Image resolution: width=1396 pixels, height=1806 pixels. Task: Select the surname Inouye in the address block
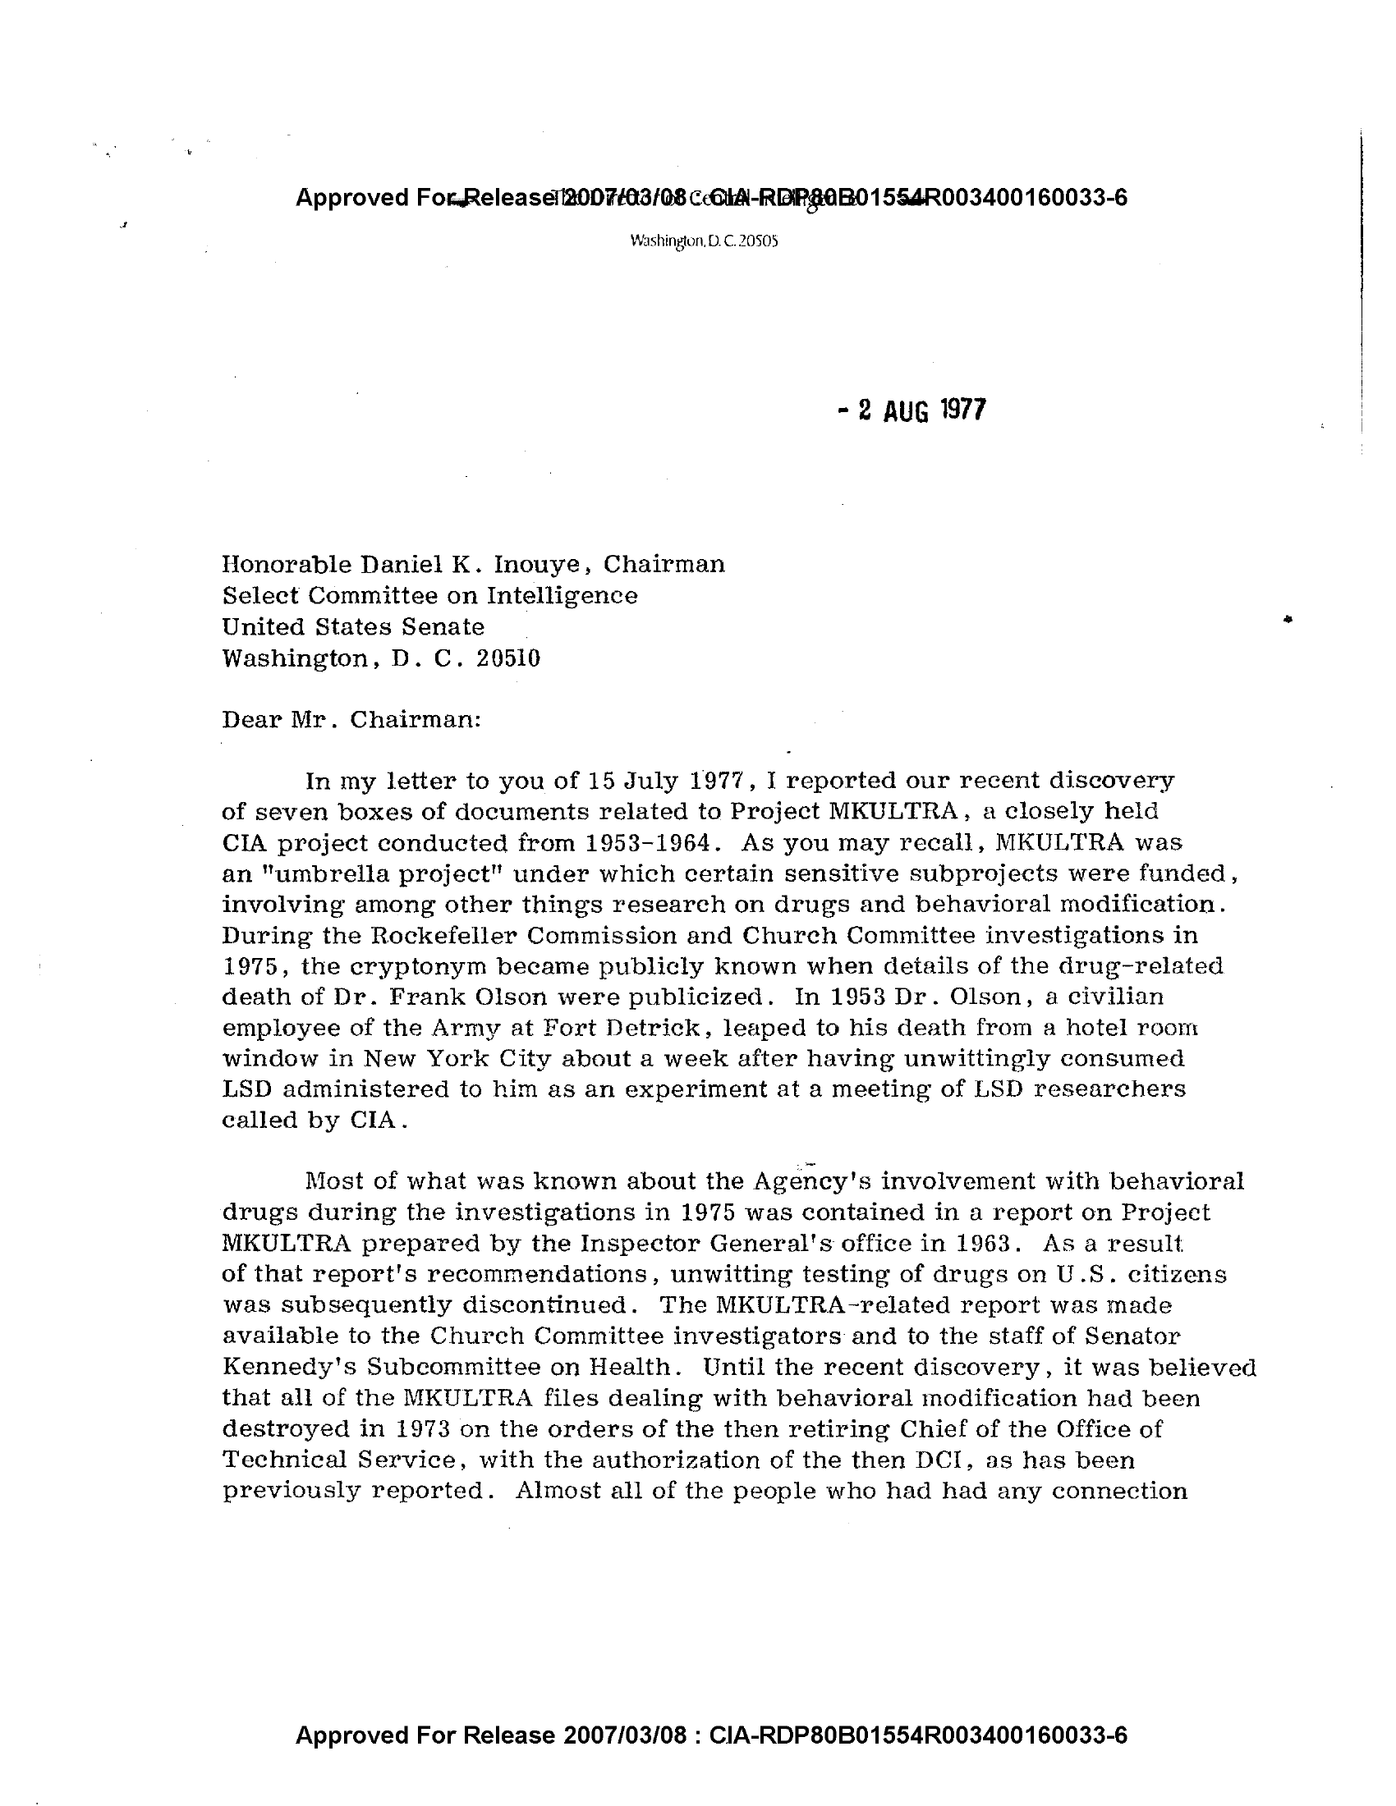tap(541, 564)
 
